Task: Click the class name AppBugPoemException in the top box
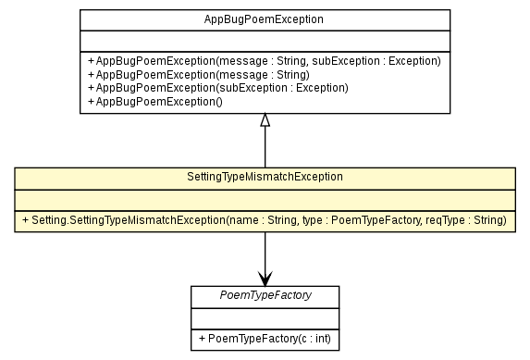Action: (x=265, y=19)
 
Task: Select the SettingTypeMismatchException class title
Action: (x=265, y=177)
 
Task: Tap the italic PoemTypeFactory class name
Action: (x=265, y=295)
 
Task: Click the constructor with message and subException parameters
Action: (x=264, y=61)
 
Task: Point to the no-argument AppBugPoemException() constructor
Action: (x=155, y=100)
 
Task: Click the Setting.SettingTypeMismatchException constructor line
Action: (x=264, y=220)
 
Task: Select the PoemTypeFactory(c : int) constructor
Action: (x=264, y=339)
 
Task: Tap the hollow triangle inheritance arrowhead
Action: (x=265, y=120)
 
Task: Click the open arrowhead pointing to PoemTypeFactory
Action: (x=265, y=277)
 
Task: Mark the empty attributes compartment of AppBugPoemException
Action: (x=265, y=41)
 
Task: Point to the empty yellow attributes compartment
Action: (x=265, y=198)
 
